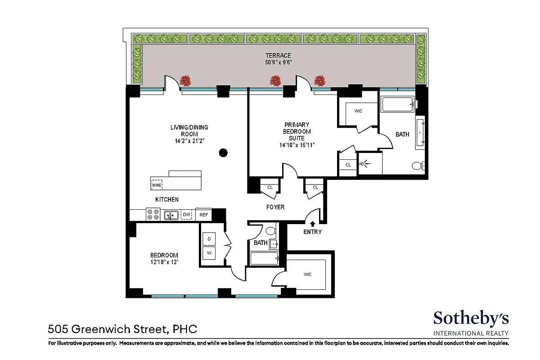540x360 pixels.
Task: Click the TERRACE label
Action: [x=279, y=55]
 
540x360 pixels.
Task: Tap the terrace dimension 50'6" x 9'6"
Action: [x=279, y=63]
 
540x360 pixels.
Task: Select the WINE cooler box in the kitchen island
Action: [x=157, y=184]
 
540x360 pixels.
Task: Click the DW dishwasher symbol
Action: [x=186, y=215]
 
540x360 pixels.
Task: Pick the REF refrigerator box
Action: [x=204, y=215]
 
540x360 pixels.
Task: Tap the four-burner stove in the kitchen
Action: [x=153, y=215]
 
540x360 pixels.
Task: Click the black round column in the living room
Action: [x=223, y=153]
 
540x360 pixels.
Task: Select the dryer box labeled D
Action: [x=209, y=238]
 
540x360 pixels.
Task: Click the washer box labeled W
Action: [x=209, y=253]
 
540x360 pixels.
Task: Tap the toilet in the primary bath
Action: [x=417, y=166]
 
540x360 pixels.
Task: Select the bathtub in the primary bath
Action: [x=397, y=105]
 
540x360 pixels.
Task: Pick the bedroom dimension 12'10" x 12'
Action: [x=164, y=262]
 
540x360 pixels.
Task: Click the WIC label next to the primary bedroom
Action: [x=358, y=111]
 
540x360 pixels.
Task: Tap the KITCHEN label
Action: [x=167, y=199]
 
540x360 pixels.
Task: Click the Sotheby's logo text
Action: [x=471, y=318]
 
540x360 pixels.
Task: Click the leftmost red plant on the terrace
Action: [x=185, y=81]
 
